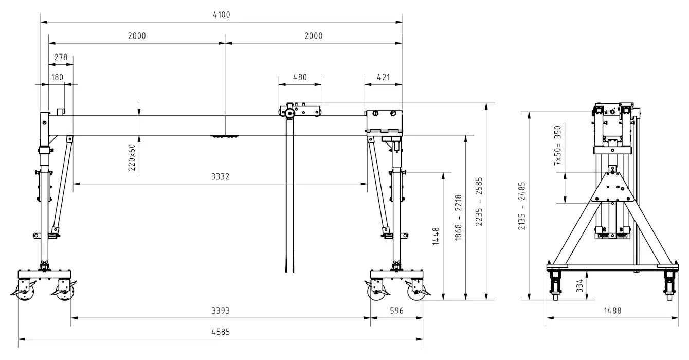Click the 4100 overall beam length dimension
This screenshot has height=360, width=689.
(222, 15)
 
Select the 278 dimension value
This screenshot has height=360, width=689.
(61, 57)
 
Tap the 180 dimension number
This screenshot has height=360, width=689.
(57, 77)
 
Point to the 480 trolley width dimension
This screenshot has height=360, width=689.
(300, 77)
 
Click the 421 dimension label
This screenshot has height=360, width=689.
(383, 77)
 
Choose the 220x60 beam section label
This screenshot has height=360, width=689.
(132, 157)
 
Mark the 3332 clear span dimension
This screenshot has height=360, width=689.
(220, 176)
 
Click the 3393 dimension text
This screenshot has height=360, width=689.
(221, 311)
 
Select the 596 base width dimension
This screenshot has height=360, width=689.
(396, 311)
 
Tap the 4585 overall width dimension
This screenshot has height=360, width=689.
(221, 332)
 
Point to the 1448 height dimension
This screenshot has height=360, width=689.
(436, 236)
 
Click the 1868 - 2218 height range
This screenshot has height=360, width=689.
(458, 218)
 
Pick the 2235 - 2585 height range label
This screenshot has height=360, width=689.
(479, 202)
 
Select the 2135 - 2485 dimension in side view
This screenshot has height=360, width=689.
(522, 206)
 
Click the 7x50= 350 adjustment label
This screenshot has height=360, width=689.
(558, 145)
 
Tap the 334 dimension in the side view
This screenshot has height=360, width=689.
(579, 285)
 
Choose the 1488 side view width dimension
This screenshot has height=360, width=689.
(612, 311)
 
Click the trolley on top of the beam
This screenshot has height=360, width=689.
(300, 110)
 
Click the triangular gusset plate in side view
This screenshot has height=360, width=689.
(612, 188)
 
